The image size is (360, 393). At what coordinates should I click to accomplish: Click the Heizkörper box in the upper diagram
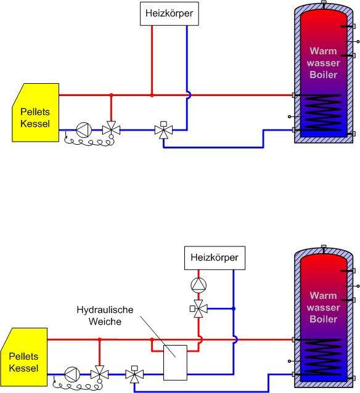(x=170, y=14)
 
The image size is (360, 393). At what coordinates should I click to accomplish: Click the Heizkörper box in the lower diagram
(x=215, y=258)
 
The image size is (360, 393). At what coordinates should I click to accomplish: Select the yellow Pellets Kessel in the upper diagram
(x=35, y=113)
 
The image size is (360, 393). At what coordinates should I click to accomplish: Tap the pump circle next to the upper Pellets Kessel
(x=84, y=130)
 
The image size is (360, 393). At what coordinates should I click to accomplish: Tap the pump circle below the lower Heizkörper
(x=198, y=285)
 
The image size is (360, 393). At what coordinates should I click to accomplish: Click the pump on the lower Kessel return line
(x=72, y=375)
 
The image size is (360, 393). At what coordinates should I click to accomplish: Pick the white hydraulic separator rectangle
(x=175, y=363)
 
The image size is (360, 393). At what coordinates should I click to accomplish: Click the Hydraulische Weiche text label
(x=105, y=315)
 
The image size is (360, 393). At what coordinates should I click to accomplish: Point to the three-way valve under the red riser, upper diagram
(x=111, y=130)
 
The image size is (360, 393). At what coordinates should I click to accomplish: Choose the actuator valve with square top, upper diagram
(x=163, y=130)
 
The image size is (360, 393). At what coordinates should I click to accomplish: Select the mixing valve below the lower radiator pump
(x=198, y=309)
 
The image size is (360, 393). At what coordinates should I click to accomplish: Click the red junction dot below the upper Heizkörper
(x=152, y=95)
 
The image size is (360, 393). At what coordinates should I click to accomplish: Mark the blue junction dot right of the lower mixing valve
(x=234, y=309)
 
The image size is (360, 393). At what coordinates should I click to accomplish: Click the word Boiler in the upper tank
(x=324, y=75)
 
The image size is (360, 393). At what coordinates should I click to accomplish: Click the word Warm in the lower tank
(x=323, y=296)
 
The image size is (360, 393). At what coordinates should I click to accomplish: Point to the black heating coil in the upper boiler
(x=321, y=113)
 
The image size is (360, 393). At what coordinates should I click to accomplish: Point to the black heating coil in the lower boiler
(x=321, y=357)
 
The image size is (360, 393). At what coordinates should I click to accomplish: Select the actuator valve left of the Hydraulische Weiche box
(x=135, y=375)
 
